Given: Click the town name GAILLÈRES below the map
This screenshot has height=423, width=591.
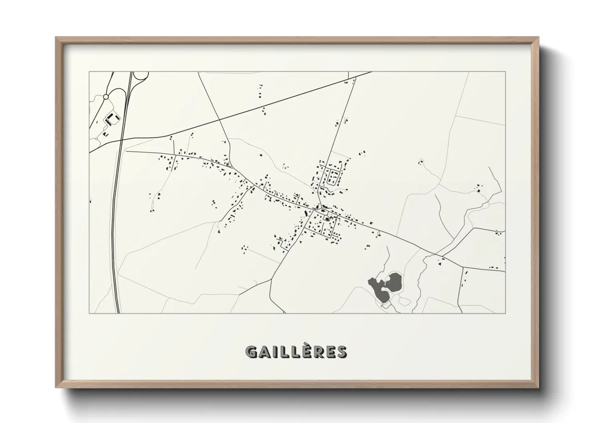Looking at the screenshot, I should [x=296, y=352].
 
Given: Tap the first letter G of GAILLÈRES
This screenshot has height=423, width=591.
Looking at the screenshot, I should [x=251, y=352].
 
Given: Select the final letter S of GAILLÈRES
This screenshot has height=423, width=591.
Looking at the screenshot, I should [x=342, y=352].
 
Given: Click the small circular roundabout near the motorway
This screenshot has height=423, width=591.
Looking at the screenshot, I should [x=106, y=97].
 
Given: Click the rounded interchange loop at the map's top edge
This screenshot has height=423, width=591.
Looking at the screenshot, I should [x=141, y=75].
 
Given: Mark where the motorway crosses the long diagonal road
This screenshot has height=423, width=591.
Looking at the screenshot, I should [x=121, y=140].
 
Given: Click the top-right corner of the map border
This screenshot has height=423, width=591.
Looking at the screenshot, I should [x=505, y=72].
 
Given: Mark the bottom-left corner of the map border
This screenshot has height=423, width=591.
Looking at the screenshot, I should [x=89, y=313].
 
